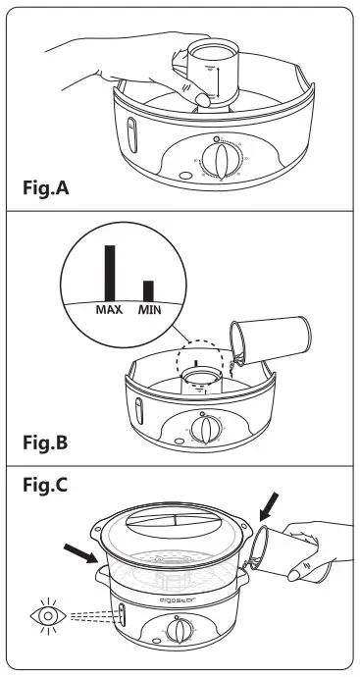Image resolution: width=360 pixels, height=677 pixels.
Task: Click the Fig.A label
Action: [x=57, y=185]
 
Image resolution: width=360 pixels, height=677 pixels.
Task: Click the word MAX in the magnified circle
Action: [x=108, y=309]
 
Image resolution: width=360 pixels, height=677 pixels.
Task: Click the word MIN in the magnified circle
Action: [x=149, y=309]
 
